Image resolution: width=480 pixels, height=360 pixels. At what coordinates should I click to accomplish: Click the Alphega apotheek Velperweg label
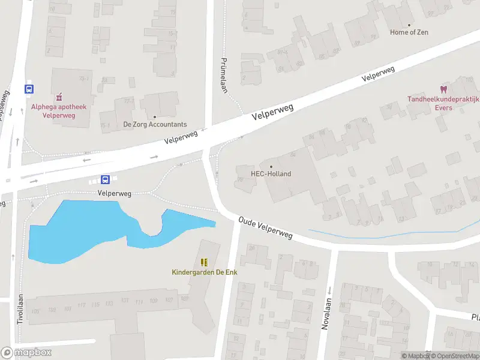(x=59, y=111)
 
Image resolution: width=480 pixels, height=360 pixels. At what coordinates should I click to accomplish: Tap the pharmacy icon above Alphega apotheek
(x=59, y=97)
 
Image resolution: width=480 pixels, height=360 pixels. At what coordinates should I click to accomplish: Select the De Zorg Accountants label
(x=155, y=124)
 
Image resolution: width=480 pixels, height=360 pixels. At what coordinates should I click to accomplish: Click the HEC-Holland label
(x=271, y=174)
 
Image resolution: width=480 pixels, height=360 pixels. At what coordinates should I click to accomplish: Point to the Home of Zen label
(x=410, y=32)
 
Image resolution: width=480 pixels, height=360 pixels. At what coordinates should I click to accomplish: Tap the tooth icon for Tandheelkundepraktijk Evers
(x=445, y=89)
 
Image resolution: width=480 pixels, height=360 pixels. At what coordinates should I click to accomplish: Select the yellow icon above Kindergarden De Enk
(x=204, y=262)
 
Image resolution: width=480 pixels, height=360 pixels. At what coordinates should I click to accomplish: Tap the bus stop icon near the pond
(x=105, y=179)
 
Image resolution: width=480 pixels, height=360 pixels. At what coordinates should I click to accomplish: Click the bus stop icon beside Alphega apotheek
(x=28, y=89)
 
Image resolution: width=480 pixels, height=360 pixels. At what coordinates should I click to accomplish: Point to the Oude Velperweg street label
(x=265, y=228)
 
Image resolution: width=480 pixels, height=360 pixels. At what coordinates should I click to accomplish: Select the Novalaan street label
(x=326, y=315)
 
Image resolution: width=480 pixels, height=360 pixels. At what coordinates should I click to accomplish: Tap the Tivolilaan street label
(x=20, y=309)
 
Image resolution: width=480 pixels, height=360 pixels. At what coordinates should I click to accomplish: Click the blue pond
(x=72, y=231)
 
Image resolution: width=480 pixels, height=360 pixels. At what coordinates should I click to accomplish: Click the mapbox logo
(x=26, y=353)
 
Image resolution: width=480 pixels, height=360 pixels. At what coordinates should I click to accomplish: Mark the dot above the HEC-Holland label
(x=271, y=167)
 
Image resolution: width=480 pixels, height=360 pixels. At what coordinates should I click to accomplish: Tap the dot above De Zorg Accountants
(x=155, y=117)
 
